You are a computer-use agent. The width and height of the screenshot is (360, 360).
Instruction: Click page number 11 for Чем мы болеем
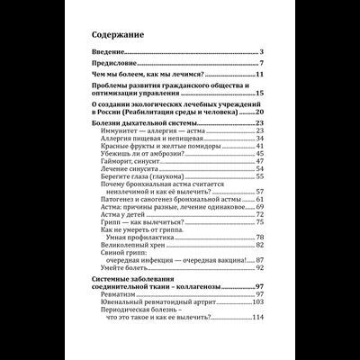pos(257,78)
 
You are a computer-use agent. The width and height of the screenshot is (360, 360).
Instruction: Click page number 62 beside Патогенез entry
pos(258,203)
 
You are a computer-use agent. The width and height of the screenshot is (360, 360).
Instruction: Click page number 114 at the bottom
pos(256,341)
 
